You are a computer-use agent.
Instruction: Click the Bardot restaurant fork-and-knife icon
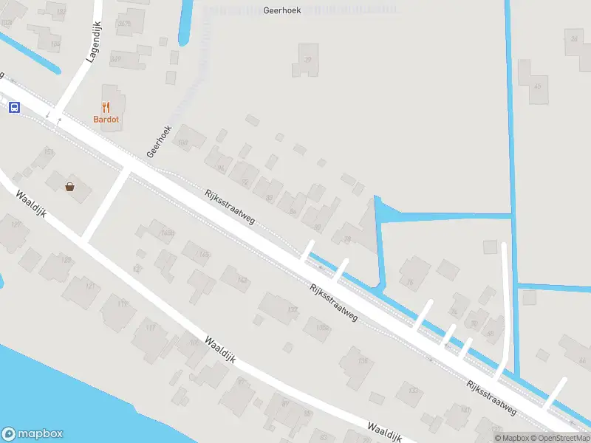pyautogui.click(x=106, y=107)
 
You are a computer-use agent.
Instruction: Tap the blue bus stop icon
pyautogui.click(x=14, y=107)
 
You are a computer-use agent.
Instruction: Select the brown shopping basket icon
pyautogui.click(x=70, y=187)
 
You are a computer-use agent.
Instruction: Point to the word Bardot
pyautogui.click(x=106, y=120)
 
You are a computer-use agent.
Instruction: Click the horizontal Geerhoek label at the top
pyautogui.click(x=281, y=11)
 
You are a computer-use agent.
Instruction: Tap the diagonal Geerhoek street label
pyautogui.click(x=159, y=140)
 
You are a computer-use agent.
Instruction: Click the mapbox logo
pyautogui.click(x=33, y=434)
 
